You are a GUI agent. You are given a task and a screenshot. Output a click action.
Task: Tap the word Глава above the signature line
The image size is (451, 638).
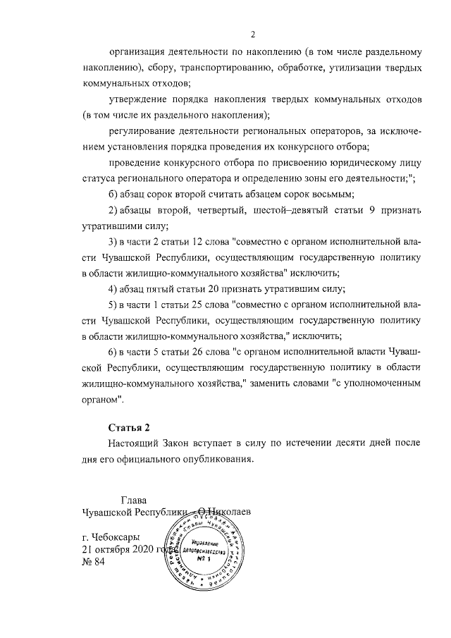click(135, 500)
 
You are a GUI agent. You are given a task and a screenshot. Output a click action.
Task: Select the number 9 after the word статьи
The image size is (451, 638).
click(371, 210)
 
